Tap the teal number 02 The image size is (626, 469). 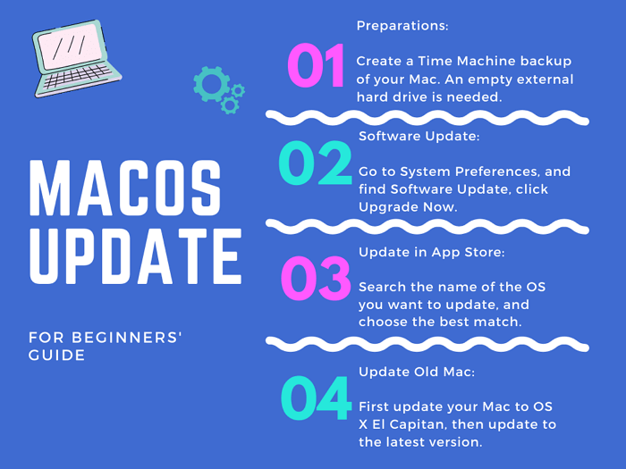315,163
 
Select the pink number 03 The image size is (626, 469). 316,279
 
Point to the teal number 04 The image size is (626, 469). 316,398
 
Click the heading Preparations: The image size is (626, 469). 402,26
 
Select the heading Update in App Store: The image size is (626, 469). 431,253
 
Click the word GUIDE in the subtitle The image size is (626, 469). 57,356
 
